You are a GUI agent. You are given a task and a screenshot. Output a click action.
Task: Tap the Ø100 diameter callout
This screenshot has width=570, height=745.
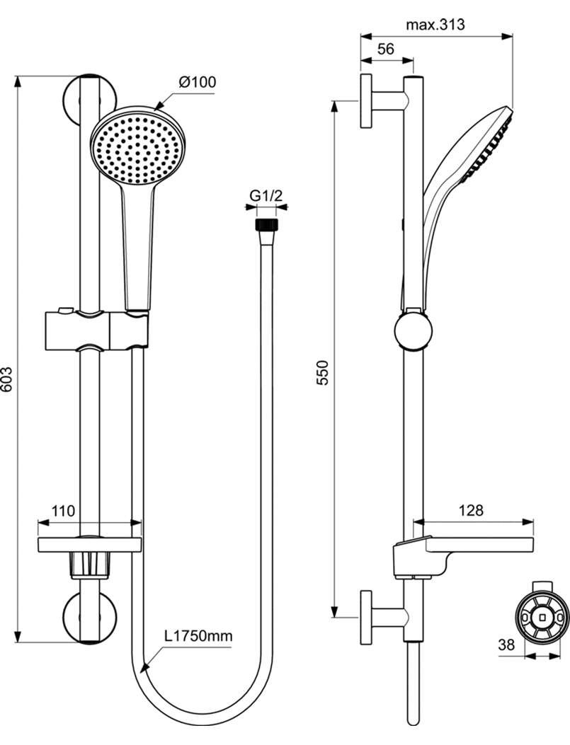click(198, 82)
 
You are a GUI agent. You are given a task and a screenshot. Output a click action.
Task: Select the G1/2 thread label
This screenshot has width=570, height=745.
click(267, 195)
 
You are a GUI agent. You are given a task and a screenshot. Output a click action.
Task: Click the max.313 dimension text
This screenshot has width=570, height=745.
click(435, 25)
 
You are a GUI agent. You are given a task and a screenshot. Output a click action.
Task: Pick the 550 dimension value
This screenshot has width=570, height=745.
click(323, 372)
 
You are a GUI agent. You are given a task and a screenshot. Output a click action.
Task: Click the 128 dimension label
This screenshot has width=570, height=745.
click(471, 510)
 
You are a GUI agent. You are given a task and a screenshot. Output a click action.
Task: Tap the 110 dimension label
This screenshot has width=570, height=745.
click(64, 512)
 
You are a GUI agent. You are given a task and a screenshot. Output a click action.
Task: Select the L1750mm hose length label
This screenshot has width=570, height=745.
click(198, 636)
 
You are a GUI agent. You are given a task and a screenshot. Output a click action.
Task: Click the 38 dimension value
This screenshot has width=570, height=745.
click(506, 645)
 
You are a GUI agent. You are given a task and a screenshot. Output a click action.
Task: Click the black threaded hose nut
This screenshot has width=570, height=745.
click(267, 225)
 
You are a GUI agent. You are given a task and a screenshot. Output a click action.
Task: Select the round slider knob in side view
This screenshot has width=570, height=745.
click(414, 330)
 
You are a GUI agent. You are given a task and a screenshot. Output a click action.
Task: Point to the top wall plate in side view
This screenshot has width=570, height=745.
click(367, 100)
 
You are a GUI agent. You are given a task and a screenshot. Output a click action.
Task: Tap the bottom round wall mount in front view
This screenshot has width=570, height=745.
click(89, 618)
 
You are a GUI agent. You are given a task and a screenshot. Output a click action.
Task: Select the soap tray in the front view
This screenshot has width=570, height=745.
click(90, 545)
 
